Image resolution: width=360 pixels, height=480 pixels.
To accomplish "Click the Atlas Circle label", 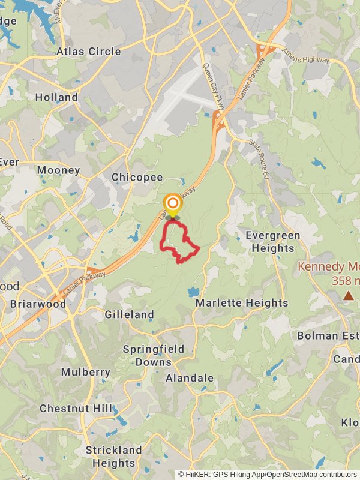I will click(88, 52).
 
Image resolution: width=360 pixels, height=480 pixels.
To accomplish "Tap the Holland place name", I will click(56, 97).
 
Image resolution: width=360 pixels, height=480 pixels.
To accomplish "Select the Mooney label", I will click(58, 170).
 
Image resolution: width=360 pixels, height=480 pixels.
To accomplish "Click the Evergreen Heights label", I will click(273, 241).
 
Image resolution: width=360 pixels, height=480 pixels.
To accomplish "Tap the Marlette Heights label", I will click(242, 303).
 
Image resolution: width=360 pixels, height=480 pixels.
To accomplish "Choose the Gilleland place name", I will click(129, 314).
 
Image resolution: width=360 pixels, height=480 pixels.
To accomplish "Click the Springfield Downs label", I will click(154, 355).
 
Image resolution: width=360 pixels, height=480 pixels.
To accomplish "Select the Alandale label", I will click(189, 378).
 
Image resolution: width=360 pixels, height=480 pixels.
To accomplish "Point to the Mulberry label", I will click(86, 372).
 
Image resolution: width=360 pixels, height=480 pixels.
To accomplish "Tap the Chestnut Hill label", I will click(76, 409).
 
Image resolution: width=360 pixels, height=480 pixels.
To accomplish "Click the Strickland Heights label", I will click(113, 456).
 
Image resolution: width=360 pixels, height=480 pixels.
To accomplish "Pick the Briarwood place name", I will click(38, 304).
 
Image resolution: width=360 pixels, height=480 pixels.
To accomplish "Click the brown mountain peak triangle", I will click(349, 295).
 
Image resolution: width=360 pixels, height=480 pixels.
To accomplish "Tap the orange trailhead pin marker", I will click(172, 203).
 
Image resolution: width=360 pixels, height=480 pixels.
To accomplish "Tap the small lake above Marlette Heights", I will click(192, 292).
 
